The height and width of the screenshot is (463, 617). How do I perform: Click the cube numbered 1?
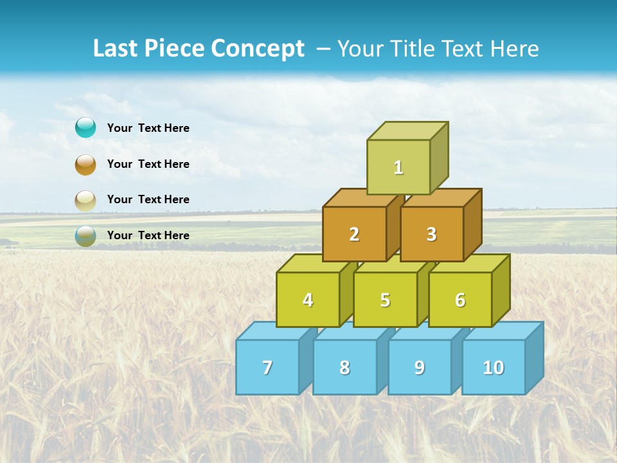[x=398, y=167]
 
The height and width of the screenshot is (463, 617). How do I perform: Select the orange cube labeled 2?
[x=354, y=235]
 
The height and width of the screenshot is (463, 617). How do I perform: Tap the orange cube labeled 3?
[x=431, y=235]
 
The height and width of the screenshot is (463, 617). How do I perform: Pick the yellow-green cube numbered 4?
[x=308, y=300]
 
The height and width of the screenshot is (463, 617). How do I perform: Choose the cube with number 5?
[x=385, y=300]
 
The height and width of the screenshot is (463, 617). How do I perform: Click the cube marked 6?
[x=460, y=300]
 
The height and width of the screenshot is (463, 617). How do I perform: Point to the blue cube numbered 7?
[x=267, y=367]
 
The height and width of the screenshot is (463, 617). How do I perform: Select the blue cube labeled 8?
[x=344, y=367]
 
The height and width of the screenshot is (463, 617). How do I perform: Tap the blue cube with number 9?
[x=420, y=367]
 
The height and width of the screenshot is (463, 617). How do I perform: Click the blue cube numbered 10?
[x=494, y=367]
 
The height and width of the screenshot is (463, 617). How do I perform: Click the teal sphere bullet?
[x=85, y=128]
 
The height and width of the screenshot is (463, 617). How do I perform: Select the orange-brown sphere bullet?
[x=85, y=164]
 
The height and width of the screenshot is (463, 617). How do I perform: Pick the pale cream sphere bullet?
[x=85, y=200]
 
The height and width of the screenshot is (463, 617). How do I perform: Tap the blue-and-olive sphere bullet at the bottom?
[x=85, y=235]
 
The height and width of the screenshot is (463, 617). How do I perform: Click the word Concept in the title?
[x=258, y=49]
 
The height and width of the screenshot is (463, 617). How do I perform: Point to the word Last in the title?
[x=116, y=49]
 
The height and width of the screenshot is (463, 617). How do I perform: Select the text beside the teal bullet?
[x=148, y=128]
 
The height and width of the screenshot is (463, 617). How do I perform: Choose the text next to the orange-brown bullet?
[x=148, y=164]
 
